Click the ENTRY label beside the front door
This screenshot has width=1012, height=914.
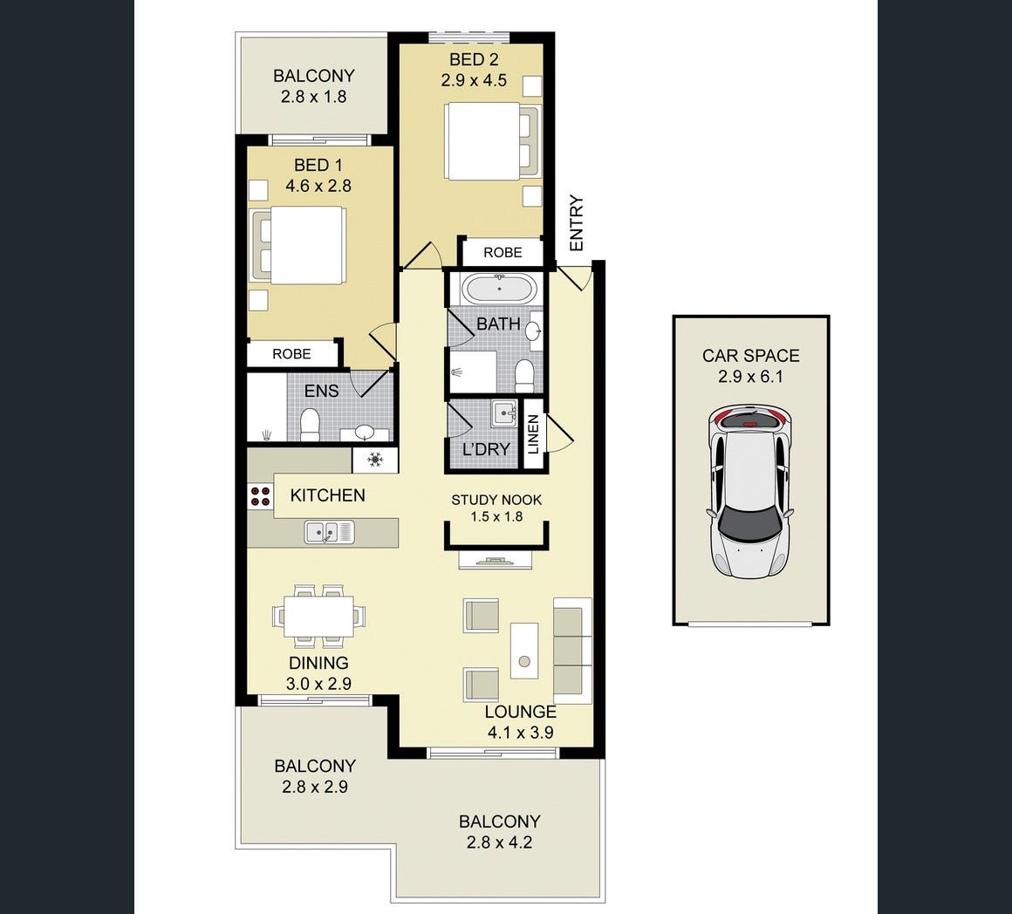tap(577, 223)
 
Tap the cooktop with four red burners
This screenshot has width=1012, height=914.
tap(260, 495)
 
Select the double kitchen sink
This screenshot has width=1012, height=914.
tap(329, 531)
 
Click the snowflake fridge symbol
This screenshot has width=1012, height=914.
tap(375, 460)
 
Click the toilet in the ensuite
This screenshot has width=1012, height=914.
tap(310, 425)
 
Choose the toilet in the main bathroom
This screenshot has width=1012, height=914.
tap(524, 376)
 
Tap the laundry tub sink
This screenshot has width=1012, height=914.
tap(503, 413)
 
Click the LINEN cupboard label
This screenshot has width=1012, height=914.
tap(533, 434)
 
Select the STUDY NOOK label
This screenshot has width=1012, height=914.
tap(496, 500)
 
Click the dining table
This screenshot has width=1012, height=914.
tap(318, 616)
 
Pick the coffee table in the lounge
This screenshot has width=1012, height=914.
tap(524, 651)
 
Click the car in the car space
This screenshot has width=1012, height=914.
tap(750, 491)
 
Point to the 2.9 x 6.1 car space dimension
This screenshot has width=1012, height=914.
tap(750, 377)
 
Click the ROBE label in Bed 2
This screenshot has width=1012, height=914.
tap(503, 252)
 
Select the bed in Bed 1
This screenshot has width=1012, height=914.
tap(298, 245)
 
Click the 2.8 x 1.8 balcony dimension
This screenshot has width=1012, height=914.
tap(314, 97)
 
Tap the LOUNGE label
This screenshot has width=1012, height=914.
tap(520, 712)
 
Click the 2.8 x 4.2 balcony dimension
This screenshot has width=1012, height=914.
tap(499, 842)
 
